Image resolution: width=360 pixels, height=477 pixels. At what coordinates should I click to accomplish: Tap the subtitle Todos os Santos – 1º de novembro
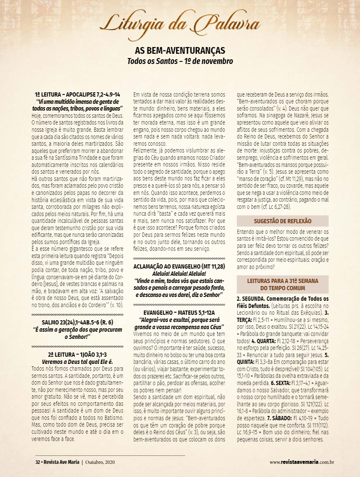(x=180, y=61)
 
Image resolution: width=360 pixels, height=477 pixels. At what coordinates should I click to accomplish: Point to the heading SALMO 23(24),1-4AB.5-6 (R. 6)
(x=77, y=322)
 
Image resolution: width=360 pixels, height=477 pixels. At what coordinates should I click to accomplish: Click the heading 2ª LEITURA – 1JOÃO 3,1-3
(x=77, y=354)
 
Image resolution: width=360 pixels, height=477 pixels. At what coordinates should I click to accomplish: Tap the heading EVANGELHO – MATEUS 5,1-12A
(x=179, y=313)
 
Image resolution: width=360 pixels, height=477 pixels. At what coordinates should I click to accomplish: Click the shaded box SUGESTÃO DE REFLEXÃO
(x=282, y=221)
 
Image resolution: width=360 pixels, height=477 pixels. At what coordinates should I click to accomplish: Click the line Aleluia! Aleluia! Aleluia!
(x=179, y=273)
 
